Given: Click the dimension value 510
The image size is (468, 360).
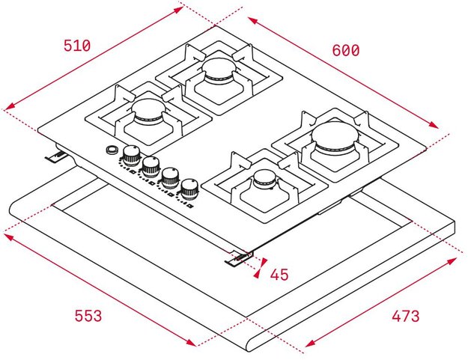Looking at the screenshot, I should (x=77, y=46).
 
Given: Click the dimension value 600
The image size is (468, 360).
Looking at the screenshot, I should (x=346, y=50).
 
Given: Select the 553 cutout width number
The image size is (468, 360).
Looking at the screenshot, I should (x=88, y=316).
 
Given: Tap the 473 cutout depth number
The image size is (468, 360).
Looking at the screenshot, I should (x=405, y=316).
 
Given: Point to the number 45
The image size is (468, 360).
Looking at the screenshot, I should (x=279, y=275).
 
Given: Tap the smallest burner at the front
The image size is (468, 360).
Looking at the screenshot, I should (x=264, y=180).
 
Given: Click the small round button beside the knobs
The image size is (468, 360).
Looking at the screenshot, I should (x=113, y=150).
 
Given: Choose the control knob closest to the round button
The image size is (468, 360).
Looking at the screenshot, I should (x=132, y=155).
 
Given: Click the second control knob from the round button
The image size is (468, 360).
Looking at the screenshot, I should (x=151, y=165).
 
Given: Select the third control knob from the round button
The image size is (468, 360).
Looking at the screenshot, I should (x=170, y=177).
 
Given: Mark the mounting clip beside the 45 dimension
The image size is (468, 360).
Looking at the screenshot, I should (x=240, y=257).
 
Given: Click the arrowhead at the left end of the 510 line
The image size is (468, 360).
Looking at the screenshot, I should (x=7, y=109).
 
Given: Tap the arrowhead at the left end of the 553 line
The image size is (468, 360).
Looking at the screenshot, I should (x=8, y=236).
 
